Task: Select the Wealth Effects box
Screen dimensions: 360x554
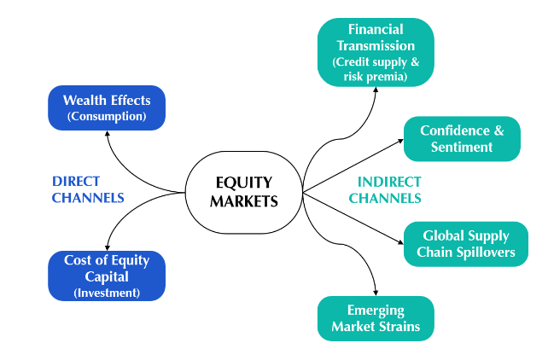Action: [x=107, y=107]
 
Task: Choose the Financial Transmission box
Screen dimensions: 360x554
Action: [x=376, y=53]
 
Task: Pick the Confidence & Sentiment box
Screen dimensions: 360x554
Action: [x=461, y=138]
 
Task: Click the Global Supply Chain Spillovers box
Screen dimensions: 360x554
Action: [x=465, y=244]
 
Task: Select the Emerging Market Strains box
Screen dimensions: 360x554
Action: [x=376, y=317]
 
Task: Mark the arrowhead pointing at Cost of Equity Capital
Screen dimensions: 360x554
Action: [x=105, y=247]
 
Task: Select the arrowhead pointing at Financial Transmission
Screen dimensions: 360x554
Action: [x=376, y=90]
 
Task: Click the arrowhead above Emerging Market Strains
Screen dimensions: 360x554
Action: [x=376, y=292]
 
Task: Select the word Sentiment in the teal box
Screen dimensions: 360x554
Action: [x=461, y=147]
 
